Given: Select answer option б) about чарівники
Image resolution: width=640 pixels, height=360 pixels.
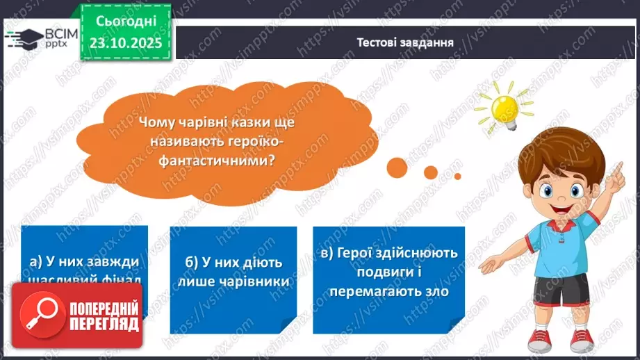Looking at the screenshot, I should tap(233, 272).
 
